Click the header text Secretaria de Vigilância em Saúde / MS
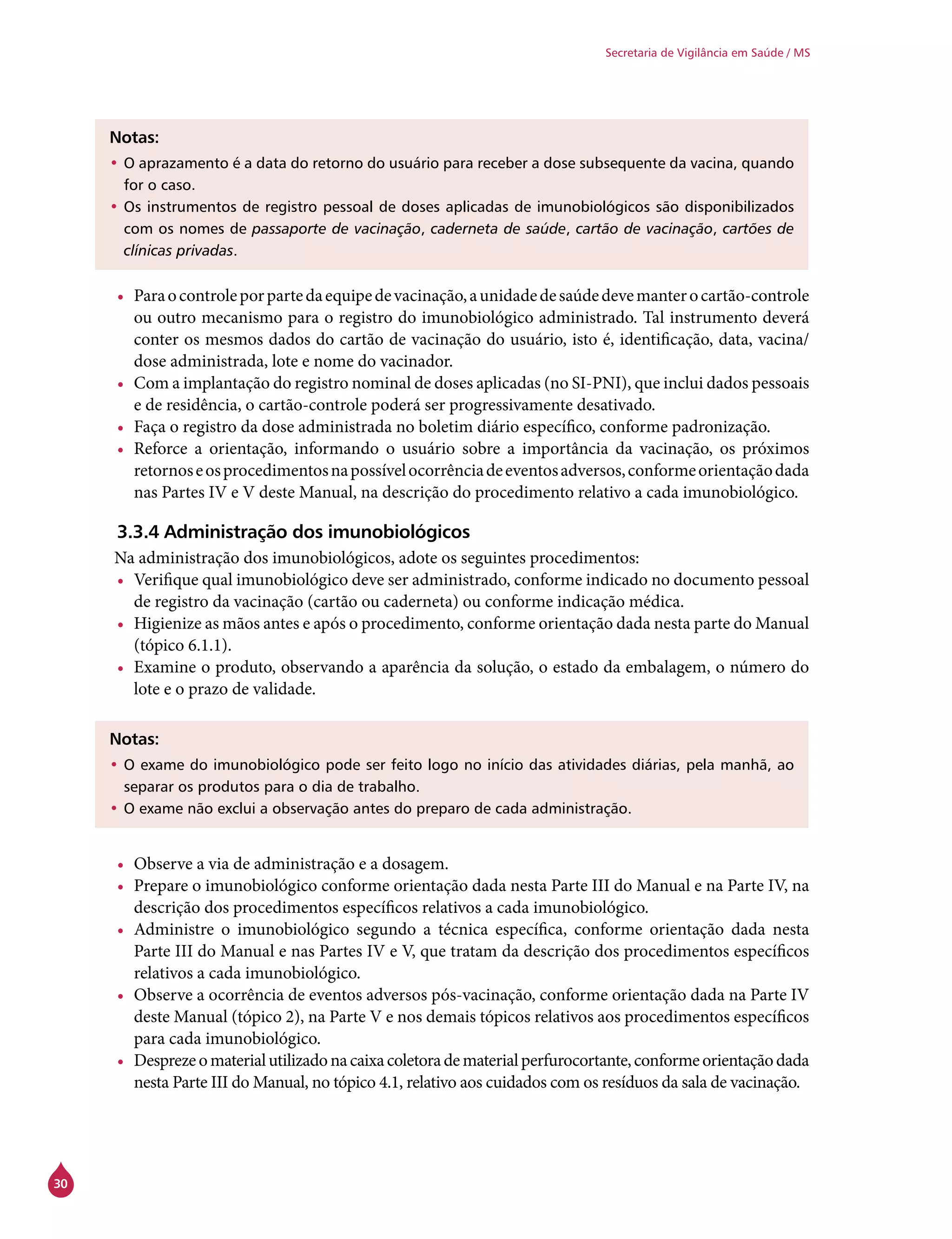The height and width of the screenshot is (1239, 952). [x=707, y=53]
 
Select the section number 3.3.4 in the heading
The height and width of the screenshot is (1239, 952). [x=138, y=532]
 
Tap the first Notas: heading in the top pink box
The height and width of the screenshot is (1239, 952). [x=134, y=138]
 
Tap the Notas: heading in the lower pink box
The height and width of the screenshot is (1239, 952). [x=134, y=739]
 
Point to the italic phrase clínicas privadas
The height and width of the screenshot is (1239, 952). [x=178, y=251]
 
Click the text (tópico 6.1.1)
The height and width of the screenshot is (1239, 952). [x=183, y=645]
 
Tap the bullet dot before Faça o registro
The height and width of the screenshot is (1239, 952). [x=120, y=429]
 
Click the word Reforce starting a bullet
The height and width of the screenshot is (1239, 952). [x=160, y=449]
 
